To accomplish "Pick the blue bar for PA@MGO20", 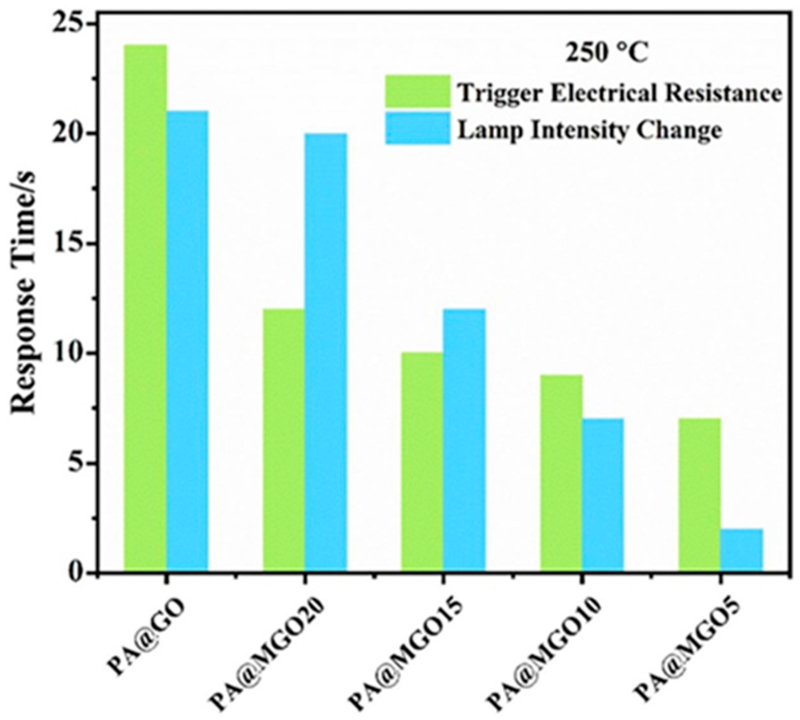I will point(326,352).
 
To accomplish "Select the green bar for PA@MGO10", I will point(561,472).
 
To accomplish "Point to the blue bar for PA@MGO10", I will point(603,495).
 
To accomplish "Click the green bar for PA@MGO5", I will point(699,495).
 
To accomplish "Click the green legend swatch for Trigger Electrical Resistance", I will point(418,91).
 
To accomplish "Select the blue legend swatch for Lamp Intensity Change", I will point(418,128).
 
